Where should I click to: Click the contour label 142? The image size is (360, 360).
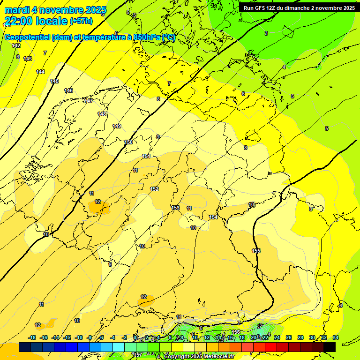16,45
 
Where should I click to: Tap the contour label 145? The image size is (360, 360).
54,81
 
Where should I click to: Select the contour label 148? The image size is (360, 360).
102,114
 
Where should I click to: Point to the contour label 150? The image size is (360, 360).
128,142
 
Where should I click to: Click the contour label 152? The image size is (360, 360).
154,189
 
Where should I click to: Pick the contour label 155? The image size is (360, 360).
256,251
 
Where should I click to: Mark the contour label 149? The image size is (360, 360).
117,126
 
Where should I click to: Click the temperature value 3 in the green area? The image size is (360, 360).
266,33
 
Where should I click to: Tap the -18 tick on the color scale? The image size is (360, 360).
32,337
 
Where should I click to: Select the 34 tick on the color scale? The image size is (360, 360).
336,337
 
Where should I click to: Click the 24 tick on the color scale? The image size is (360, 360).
277,337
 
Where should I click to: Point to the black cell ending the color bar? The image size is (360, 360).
330,347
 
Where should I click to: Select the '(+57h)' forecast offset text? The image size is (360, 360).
82,21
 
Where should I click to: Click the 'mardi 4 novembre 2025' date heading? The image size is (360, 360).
55,10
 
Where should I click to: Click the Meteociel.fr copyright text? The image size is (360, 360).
199,357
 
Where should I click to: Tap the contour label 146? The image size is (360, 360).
68,90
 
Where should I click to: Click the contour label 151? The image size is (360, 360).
146,156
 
